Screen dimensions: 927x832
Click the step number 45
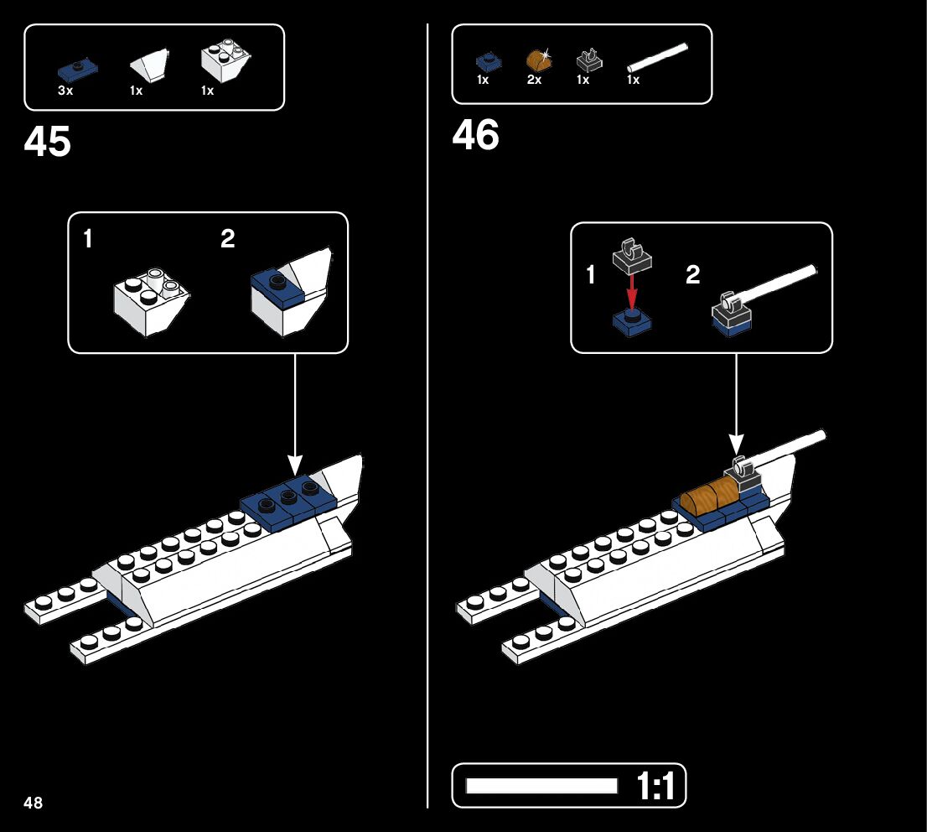click(48, 142)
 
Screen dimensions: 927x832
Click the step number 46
click(475, 135)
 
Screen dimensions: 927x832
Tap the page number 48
click(34, 803)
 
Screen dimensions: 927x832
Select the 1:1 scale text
click(656, 787)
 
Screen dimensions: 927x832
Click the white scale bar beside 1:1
click(541, 786)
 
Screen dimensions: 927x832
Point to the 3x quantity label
click(65, 91)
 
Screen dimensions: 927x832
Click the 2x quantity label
click(534, 81)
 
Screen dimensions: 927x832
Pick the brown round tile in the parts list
click(536, 60)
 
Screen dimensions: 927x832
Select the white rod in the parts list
click(660, 58)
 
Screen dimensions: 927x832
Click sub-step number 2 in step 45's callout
click(228, 240)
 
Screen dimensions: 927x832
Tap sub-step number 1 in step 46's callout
click(591, 274)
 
